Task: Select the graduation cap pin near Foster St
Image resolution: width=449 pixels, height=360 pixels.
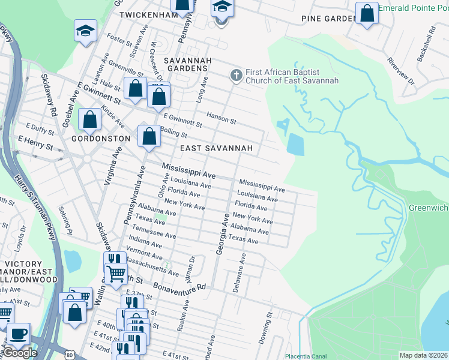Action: click(x=85, y=31)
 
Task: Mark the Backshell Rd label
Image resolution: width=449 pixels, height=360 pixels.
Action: click(x=432, y=41)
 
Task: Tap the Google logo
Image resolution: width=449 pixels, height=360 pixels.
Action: click(x=20, y=353)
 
